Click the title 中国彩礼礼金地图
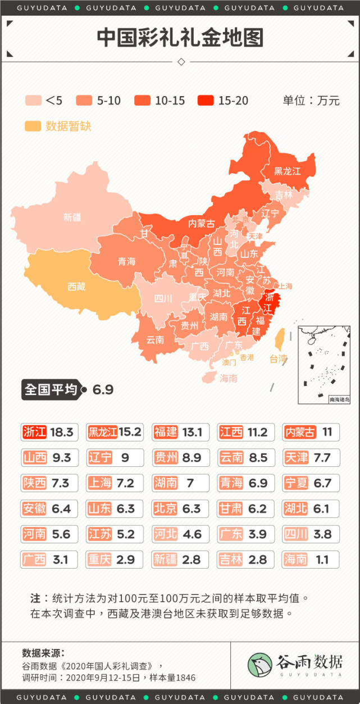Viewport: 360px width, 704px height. pos(180,38)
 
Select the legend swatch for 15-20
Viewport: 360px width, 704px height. pos(206,101)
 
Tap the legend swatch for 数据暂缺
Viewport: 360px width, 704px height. pos(33,126)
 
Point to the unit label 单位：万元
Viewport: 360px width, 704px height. pos(311,101)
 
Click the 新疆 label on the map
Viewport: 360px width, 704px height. pos(72,217)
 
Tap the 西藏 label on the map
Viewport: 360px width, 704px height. pos(76,287)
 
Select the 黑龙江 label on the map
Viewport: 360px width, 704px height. pos(288,170)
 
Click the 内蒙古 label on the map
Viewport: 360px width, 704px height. pos(201,223)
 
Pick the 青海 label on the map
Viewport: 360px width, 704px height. pos(126,261)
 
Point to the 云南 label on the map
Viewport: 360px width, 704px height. pos(155,340)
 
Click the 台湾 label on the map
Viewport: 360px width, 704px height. pos(278,358)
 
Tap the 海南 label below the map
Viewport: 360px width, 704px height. pos(229,378)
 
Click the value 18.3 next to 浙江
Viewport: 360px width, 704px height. pos(62,432)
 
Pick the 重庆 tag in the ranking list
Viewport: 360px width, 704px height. pos(99,559)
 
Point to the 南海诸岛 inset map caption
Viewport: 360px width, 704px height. pos(339,399)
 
